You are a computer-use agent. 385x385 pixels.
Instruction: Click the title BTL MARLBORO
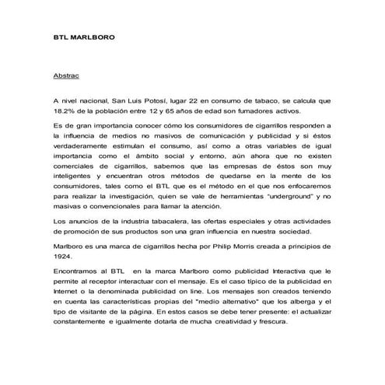click(x=79, y=37)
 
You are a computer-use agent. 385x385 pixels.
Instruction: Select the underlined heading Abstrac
click(x=67, y=79)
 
